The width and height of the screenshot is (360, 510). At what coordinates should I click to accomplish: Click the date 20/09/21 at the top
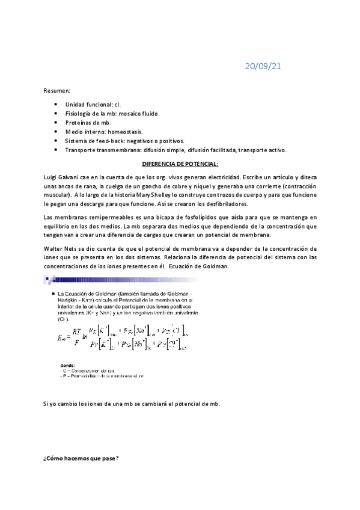263,66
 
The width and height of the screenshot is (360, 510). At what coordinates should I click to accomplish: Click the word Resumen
56,90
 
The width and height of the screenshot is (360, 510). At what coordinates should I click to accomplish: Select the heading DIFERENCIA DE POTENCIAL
180,164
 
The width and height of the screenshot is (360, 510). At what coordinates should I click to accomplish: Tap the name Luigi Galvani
63,177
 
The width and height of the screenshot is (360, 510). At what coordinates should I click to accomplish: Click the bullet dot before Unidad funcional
55,104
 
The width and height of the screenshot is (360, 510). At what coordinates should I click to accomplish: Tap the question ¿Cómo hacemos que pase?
81,459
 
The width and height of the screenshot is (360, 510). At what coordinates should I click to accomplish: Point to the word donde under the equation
67,365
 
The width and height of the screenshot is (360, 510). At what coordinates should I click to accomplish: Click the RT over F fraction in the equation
76,336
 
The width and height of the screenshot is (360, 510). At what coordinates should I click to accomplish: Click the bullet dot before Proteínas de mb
55,122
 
